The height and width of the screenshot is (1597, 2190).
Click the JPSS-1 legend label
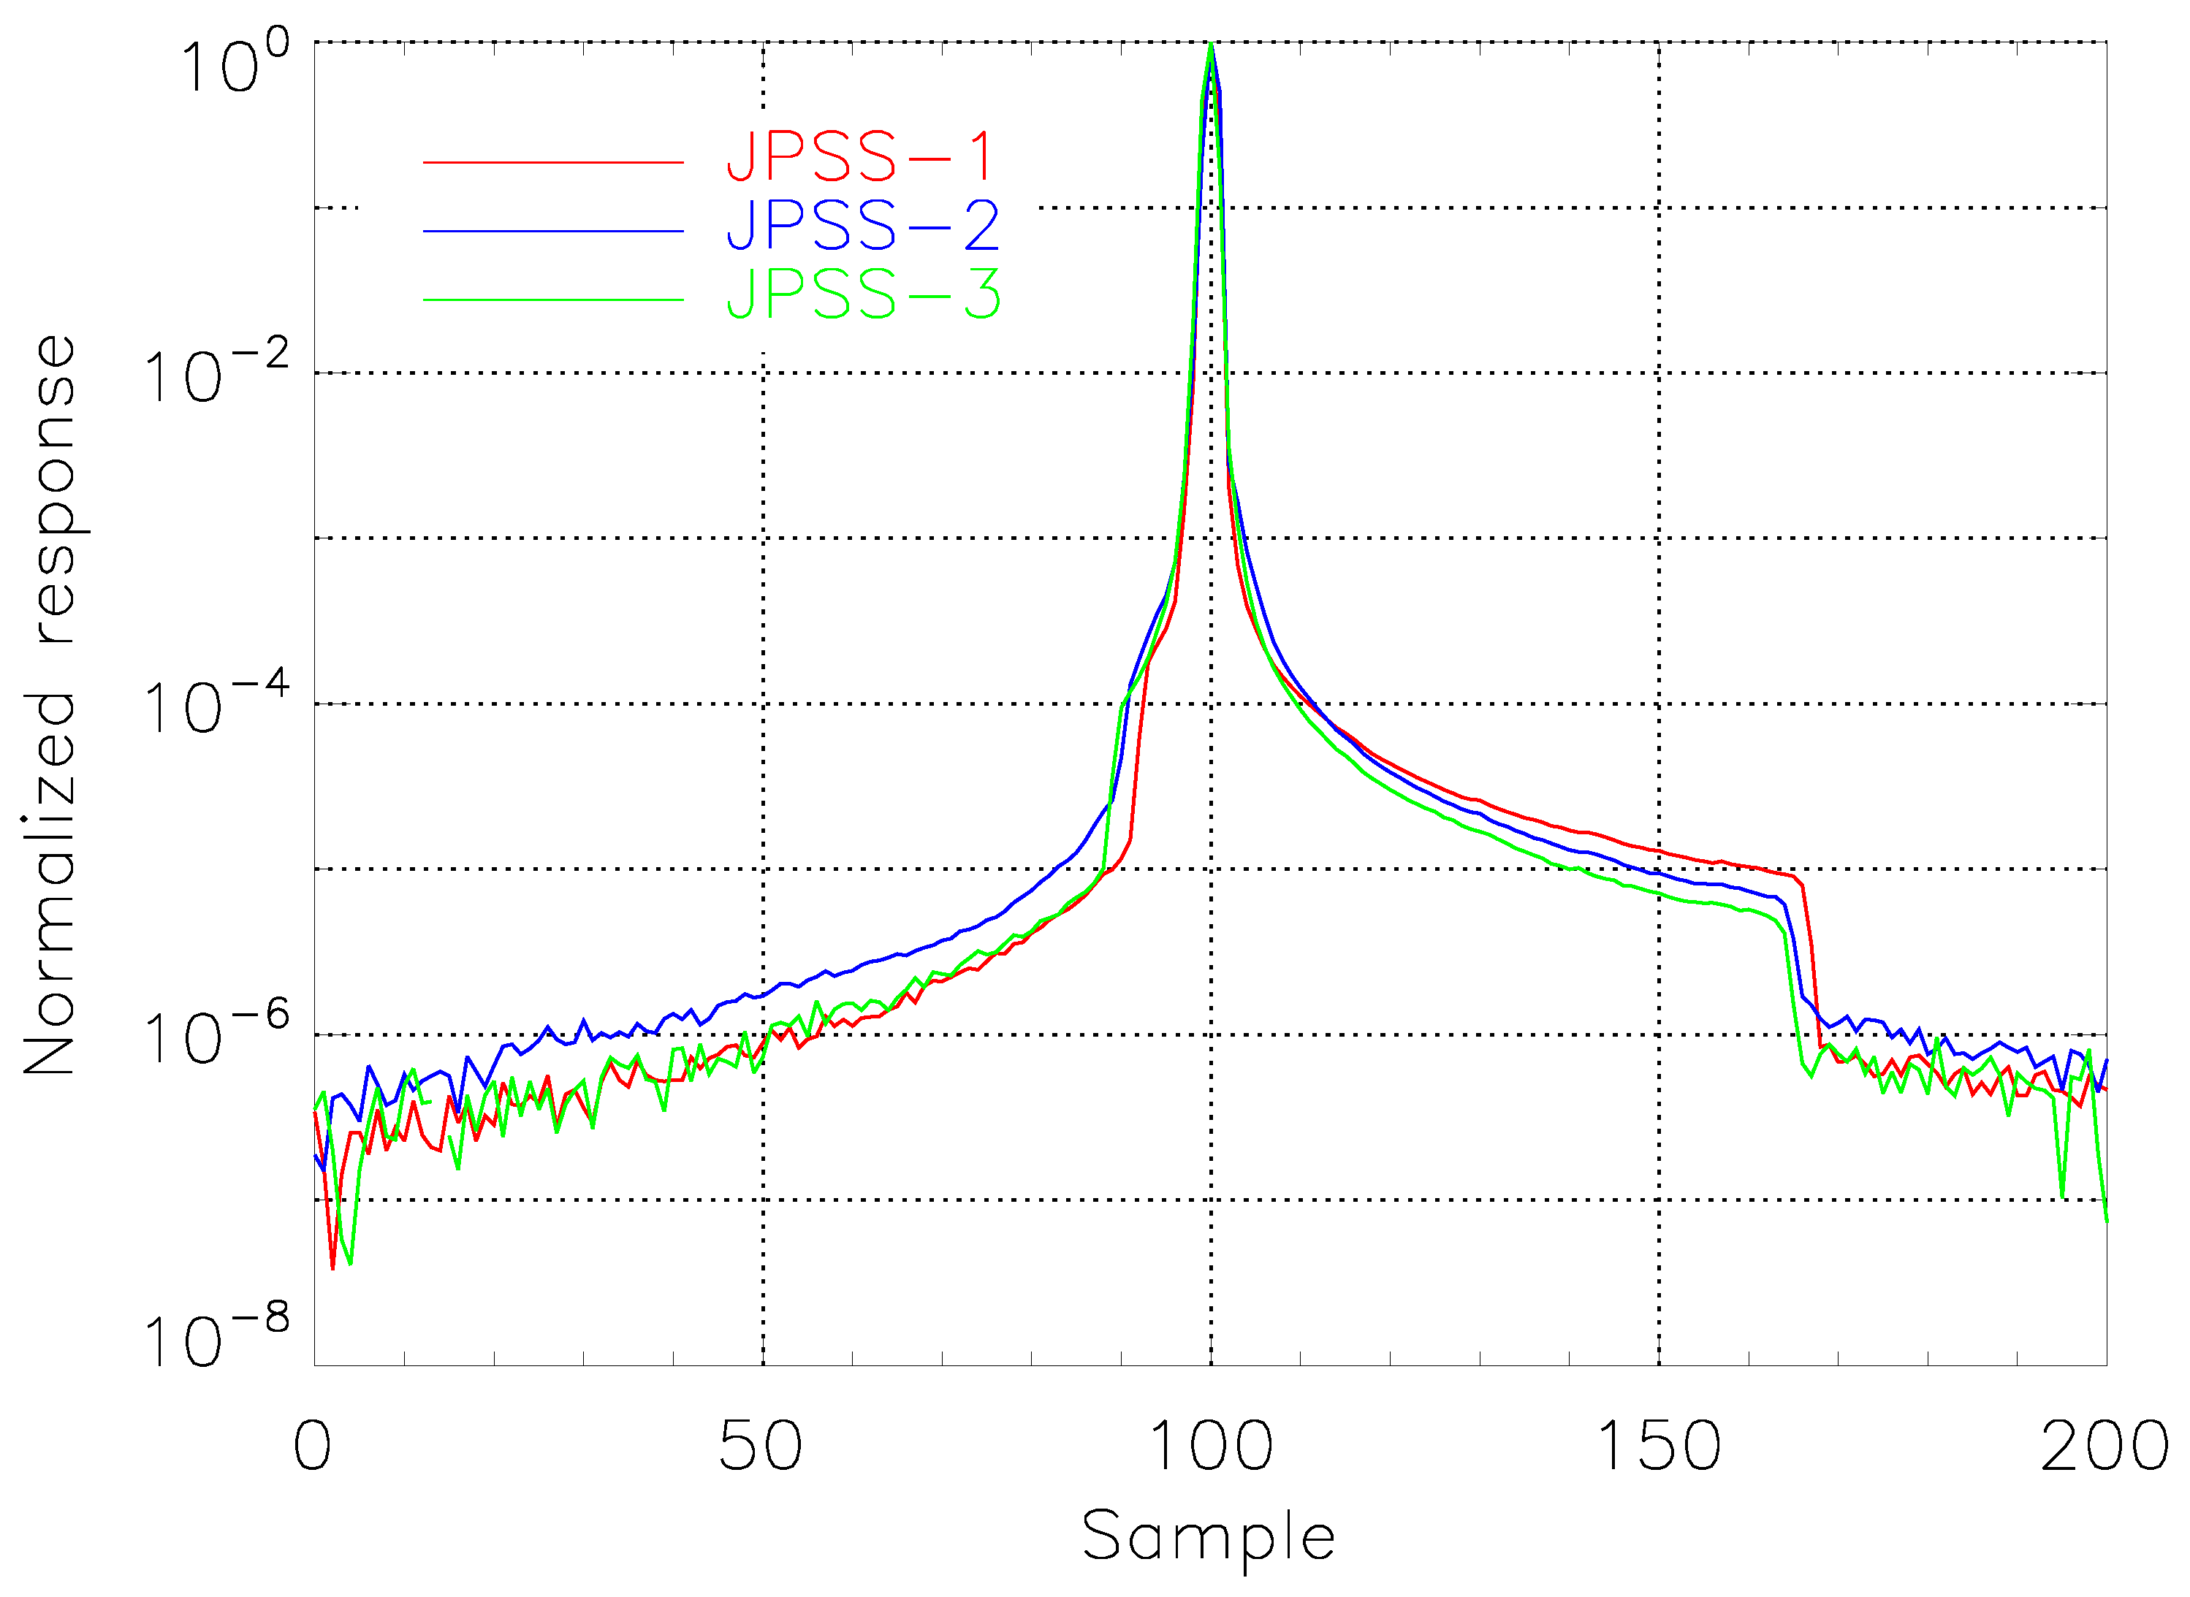click(x=859, y=156)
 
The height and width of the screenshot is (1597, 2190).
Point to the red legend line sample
click(x=553, y=162)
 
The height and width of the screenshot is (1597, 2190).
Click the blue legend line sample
click(x=553, y=231)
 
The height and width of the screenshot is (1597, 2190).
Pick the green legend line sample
click(x=553, y=300)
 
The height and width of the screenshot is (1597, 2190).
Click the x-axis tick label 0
click(x=312, y=1447)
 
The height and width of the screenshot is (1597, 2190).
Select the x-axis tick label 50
click(x=761, y=1447)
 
